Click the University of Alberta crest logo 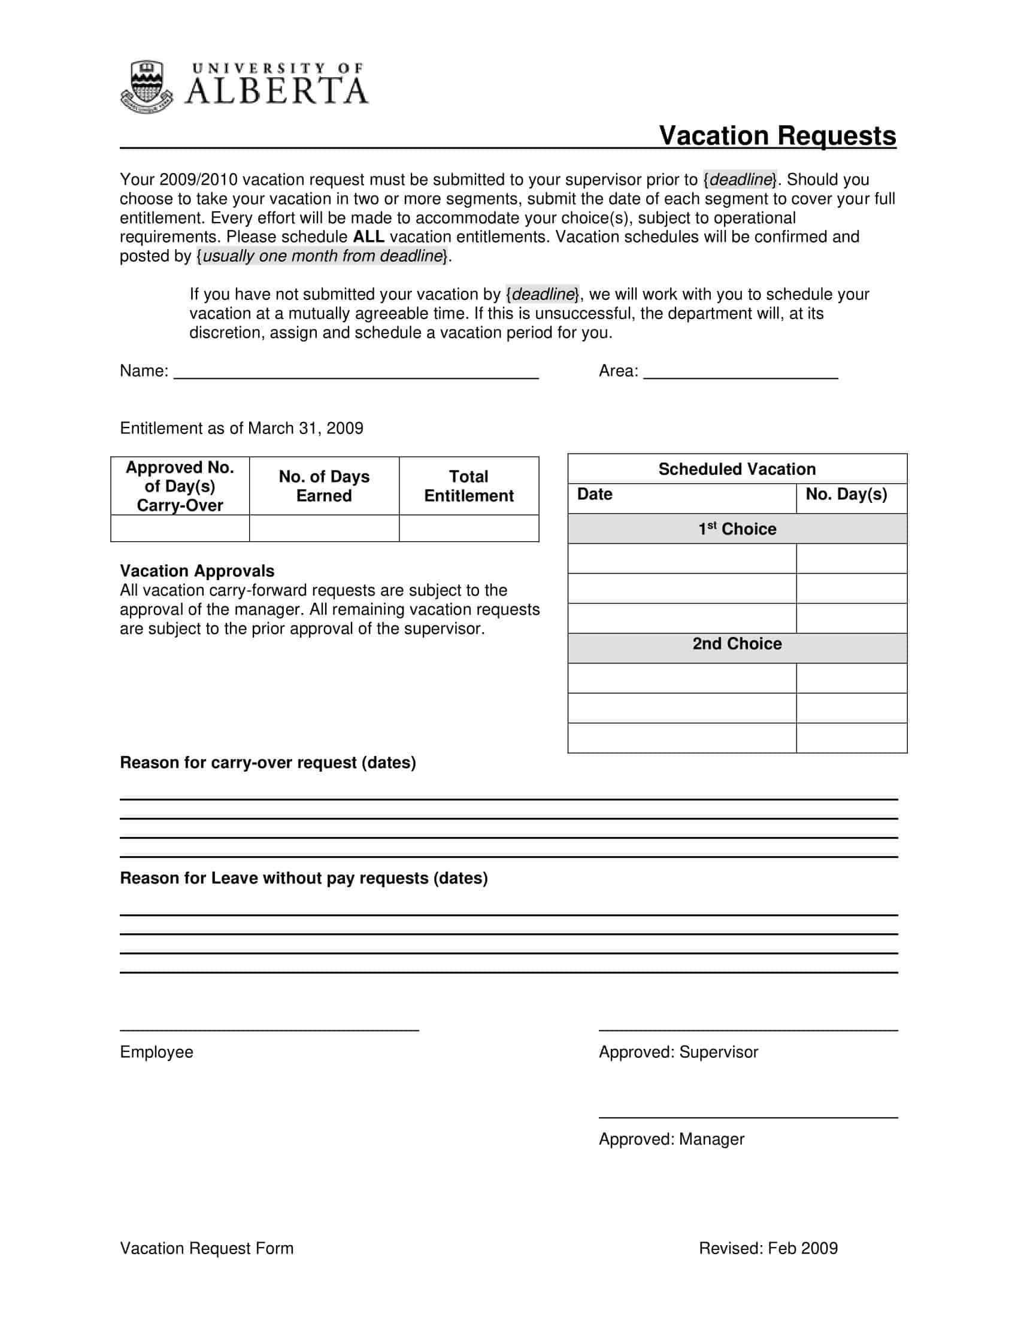click(147, 87)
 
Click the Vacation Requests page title click(777, 136)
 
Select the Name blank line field click(356, 372)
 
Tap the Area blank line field click(740, 372)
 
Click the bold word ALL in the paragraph click(368, 237)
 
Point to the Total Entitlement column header click(469, 486)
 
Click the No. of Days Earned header click(324, 486)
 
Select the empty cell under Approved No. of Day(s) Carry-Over click(180, 528)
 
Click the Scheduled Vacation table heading click(737, 469)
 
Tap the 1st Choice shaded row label click(737, 529)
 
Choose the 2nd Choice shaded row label click(737, 644)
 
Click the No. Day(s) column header click(846, 494)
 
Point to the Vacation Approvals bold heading click(196, 571)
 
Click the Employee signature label click(156, 1052)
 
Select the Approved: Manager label click(671, 1139)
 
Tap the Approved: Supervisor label click(678, 1052)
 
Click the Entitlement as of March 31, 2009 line click(241, 429)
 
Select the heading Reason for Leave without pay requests click(304, 878)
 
